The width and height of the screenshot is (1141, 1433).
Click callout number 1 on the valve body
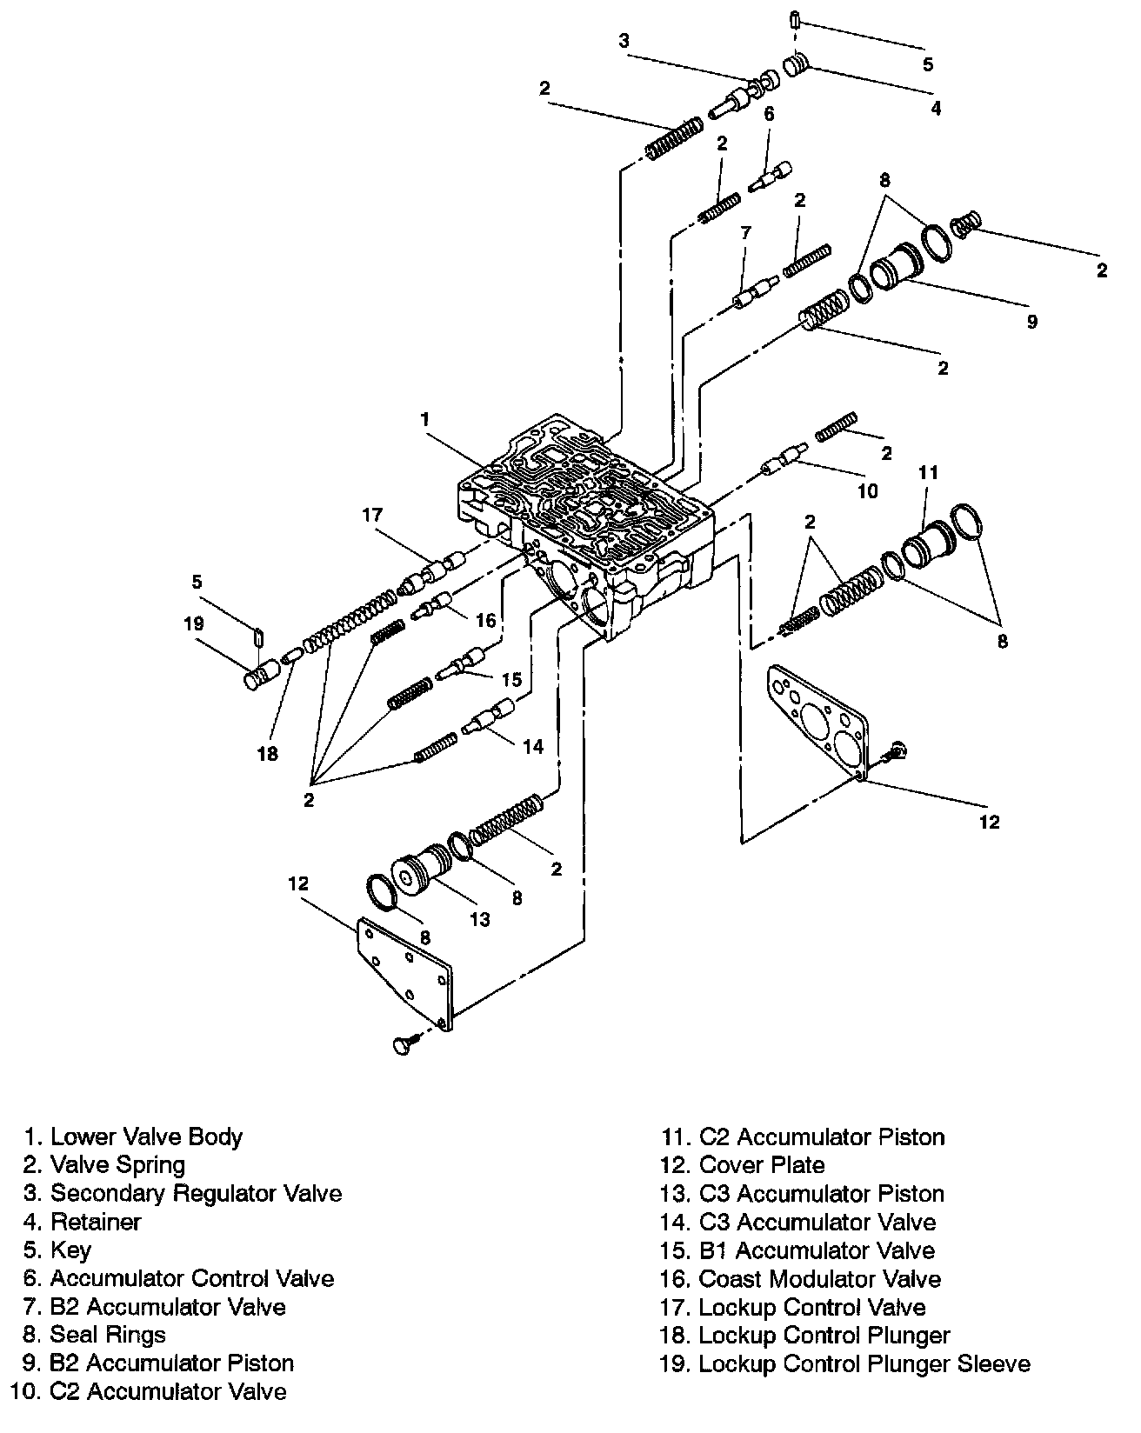pyautogui.click(x=425, y=419)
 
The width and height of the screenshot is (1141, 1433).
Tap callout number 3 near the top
pyautogui.click(x=624, y=39)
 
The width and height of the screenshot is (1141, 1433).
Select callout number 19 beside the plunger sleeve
pyautogui.click(x=193, y=623)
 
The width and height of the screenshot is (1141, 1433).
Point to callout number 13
pyautogui.click(x=480, y=919)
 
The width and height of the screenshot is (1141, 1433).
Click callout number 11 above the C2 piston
pyautogui.click(x=929, y=472)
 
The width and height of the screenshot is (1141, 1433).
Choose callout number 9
pyautogui.click(x=1031, y=322)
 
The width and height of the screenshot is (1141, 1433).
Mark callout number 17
pyautogui.click(x=373, y=516)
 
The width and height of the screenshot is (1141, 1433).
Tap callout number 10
pyautogui.click(x=868, y=491)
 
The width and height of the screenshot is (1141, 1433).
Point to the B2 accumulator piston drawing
pyautogui.click(x=896, y=263)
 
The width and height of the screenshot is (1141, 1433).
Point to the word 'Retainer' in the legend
pyautogui.click(x=96, y=1222)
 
